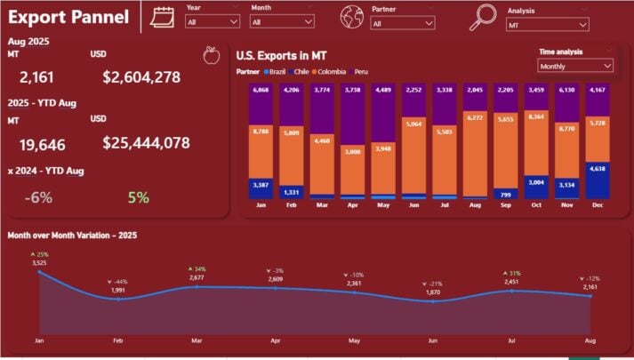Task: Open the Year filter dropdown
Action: coord(213,22)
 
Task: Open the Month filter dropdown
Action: coord(282,22)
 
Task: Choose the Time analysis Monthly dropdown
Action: coord(575,66)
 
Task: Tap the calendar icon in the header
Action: coord(163,16)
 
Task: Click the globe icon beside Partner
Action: coord(352,16)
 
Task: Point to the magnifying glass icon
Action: coord(483,16)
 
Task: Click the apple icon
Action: coord(211,57)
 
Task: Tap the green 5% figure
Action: coord(139,198)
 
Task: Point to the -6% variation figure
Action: coord(38,198)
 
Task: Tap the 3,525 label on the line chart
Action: coord(39,263)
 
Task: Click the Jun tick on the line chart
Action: coord(433,340)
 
